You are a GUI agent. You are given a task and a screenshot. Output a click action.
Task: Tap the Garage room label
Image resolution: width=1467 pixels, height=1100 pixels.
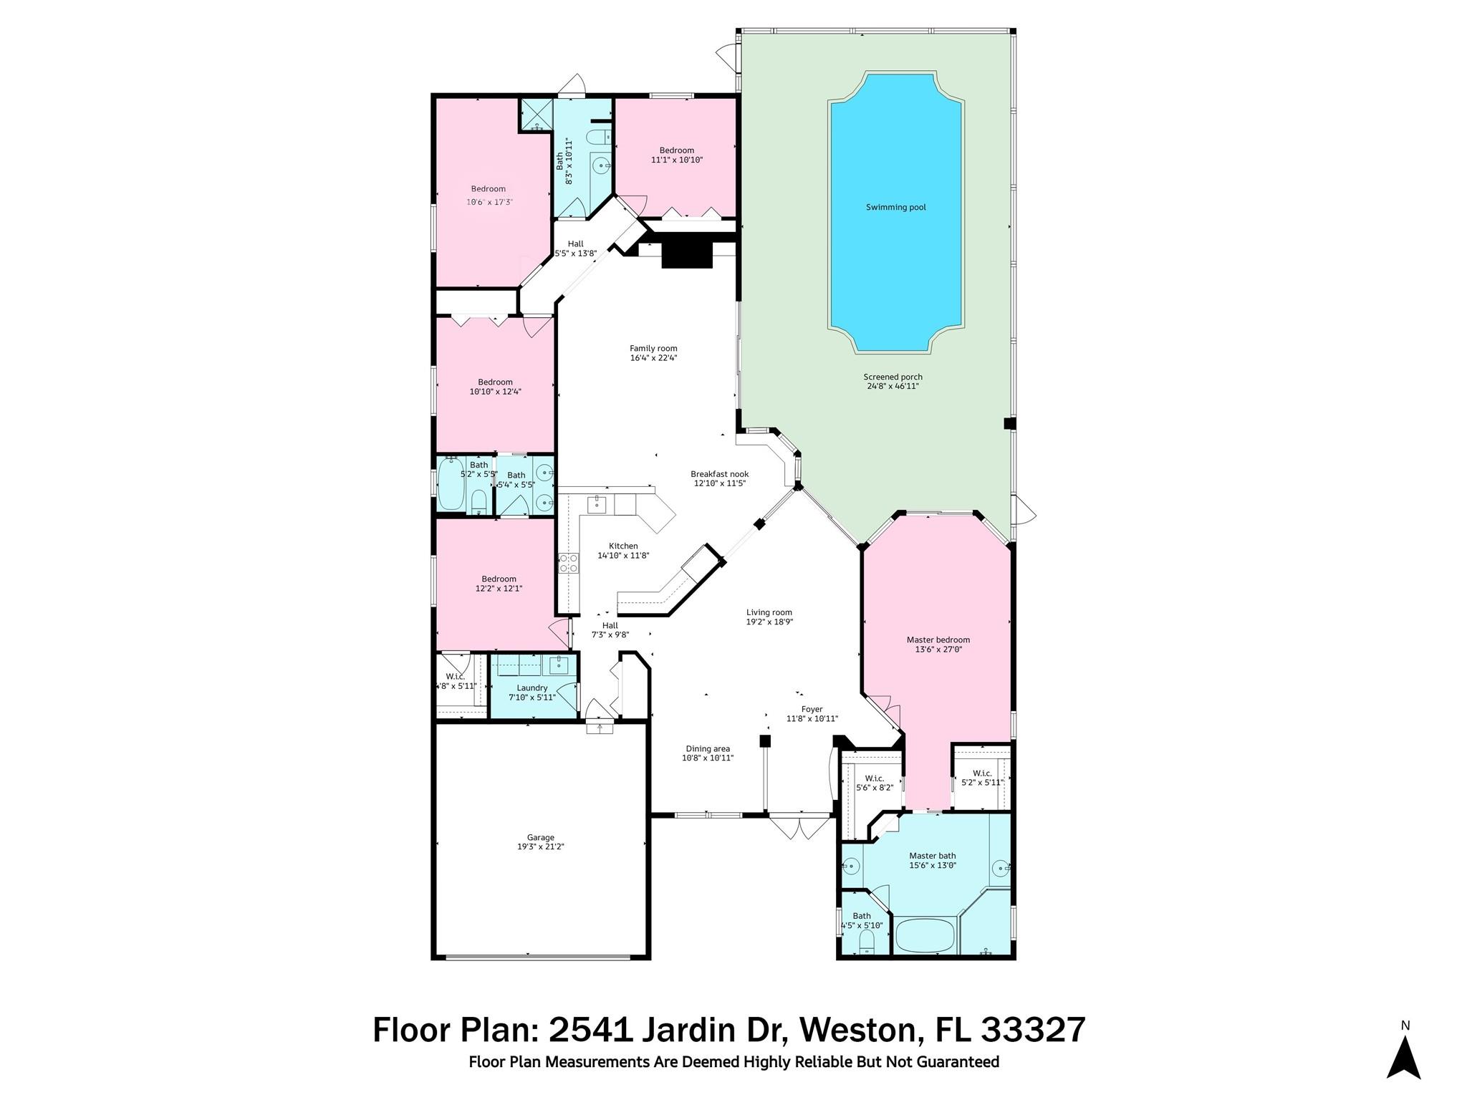pyautogui.click(x=541, y=837)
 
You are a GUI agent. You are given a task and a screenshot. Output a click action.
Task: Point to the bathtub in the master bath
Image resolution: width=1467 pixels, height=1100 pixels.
pyautogui.click(x=925, y=935)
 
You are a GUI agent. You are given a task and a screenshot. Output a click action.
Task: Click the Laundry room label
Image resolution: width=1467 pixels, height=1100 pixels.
pyautogui.click(x=532, y=687)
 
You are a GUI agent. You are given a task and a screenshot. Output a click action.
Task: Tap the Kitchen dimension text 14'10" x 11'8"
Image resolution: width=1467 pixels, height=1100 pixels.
pyautogui.click(x=623, y=555)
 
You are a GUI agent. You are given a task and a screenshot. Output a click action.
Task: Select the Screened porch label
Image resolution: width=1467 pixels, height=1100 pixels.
pyautogui.click(x=893, y=377)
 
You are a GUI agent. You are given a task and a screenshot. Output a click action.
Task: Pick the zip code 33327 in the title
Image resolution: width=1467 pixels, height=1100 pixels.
pyautogui.click(x=1033, y=1031)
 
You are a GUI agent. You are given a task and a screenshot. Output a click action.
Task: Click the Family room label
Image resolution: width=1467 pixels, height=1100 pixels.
pyautogui.click(x=653, y=349)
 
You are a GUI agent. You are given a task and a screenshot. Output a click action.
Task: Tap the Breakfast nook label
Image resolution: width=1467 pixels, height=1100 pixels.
pyautogui.click(x=719, y=474)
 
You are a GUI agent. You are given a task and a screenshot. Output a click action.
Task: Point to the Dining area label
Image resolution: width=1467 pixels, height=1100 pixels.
pyautogui.click(x=708, y=749)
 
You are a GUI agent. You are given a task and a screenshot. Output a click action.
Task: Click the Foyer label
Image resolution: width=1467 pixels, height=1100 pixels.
pyautogui.click(x=812, y=709)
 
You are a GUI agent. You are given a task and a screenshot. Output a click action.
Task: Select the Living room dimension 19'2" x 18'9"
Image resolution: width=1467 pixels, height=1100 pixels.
pyautogui.click(x=769, y=622)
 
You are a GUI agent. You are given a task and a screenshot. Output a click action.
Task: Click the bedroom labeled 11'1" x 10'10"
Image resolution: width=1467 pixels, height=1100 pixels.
pyautogui.click(x=676, y=155)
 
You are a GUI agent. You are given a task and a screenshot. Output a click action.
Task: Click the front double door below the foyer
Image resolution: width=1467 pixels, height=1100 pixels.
pyautogui.click(x=800, y=826)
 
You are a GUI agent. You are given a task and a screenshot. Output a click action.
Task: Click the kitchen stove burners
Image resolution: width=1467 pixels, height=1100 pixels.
pyautogui.click(x=569, y=563)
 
